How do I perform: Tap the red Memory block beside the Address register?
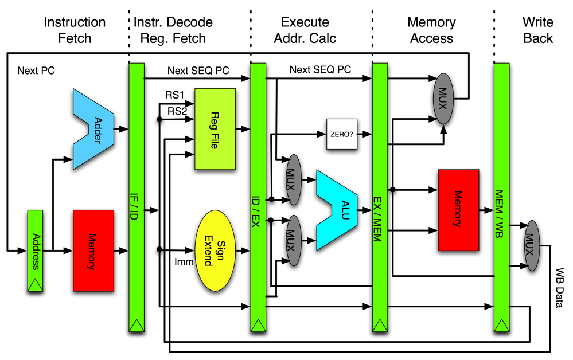click(x=93, y=251)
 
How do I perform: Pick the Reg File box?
click(x=215, y=129)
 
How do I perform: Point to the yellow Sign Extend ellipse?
click(x=216, y=251)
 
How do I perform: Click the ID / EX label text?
click(x=258, y=211)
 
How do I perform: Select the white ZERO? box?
click(x=342, y=134)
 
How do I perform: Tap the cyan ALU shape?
click(x=338, y=210)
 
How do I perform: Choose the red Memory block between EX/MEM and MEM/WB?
click(x=458, y=210)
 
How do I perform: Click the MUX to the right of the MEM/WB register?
click(x=532, y=245)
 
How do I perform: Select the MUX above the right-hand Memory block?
click(x=443, y=98)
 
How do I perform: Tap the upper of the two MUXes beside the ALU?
click(x=294, y=179)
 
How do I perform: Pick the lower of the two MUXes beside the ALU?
click(x=294, y=240)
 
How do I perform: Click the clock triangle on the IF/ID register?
click(x=136, y=325)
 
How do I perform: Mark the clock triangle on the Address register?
click(x=35, y=284)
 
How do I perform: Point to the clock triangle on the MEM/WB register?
click(x=501, y=325)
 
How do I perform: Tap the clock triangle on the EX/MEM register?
click(x=380, y=325)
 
